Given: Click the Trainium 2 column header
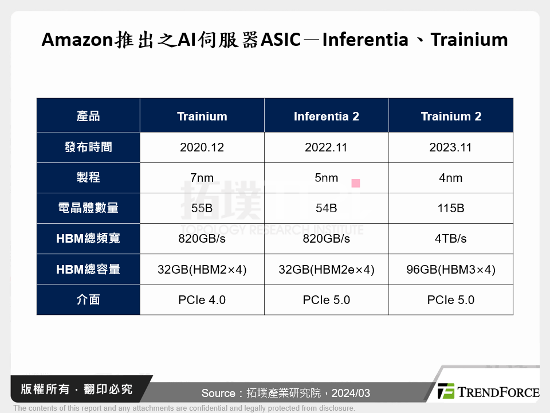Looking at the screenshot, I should [x=451, y=116].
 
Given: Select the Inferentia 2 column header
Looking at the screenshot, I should [x=327, y=116].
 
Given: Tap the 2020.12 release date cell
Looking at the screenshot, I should [x=202, y=147].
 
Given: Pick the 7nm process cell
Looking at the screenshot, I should [x=202, y=178].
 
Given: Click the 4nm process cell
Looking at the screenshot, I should [x=451, y=178].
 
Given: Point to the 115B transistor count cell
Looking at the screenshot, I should [x=451, y=208].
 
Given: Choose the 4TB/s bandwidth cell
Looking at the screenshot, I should [x=451, y=239].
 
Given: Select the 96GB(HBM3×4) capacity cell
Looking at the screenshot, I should [x=451, y=270].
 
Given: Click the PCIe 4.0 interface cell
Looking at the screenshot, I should [x=202, y=300].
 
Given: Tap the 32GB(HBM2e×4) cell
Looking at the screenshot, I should [x=327, y=270].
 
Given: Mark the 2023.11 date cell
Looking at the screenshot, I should [x=451, y=147].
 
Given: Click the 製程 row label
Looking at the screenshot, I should [x=88, y=178].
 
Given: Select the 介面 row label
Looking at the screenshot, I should [x=88, y=300].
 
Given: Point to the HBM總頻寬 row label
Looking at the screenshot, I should [x=88, y=239].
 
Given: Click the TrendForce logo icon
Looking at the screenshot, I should [x=446, y=391].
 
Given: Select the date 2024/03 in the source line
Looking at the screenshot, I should [x=349, y=393].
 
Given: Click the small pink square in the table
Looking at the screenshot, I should [x=356, y=184].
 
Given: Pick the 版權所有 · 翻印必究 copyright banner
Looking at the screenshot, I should [x=76, y=389].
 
